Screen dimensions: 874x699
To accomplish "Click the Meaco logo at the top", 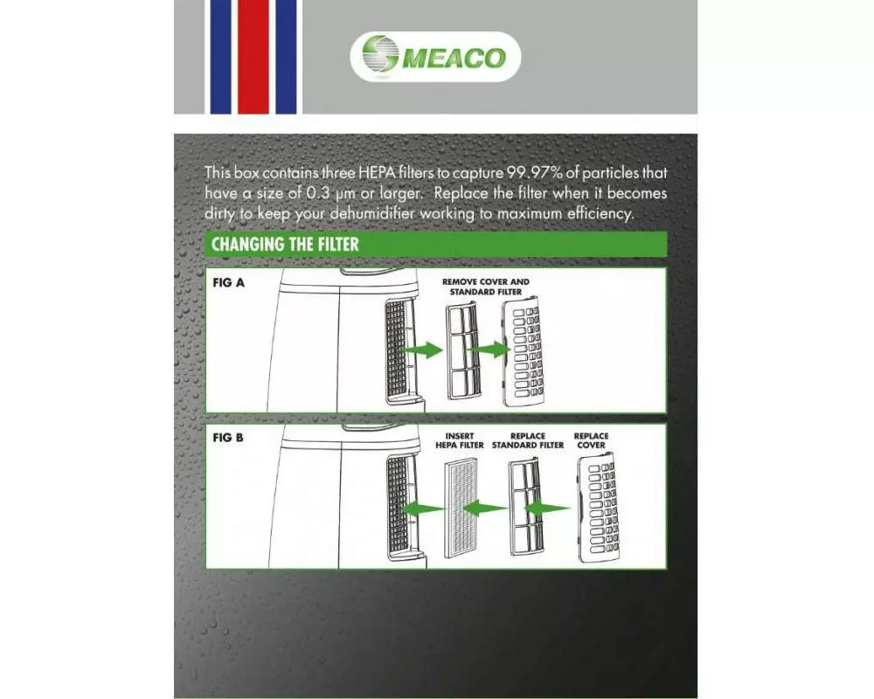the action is (435, 57).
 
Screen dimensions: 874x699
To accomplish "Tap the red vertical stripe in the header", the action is (253, 57).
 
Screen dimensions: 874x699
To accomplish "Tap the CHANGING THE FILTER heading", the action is (285, 244).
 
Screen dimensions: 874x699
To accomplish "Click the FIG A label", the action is (228, 282).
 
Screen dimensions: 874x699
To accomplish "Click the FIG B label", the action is (228, 438).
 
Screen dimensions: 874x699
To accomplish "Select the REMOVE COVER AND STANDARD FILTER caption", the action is (485, 287).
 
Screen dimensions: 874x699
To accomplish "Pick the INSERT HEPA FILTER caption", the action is (460, 440).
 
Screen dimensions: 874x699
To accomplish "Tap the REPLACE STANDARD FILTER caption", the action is (528, 440).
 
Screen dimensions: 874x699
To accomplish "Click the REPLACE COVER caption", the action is (591, 440).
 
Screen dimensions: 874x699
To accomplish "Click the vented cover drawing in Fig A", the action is (523, 353).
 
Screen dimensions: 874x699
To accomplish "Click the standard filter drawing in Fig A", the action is (462, 350).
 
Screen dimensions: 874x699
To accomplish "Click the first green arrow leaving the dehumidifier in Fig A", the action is (422, 350).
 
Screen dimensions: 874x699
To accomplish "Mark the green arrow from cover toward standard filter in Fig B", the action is (547, 508).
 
